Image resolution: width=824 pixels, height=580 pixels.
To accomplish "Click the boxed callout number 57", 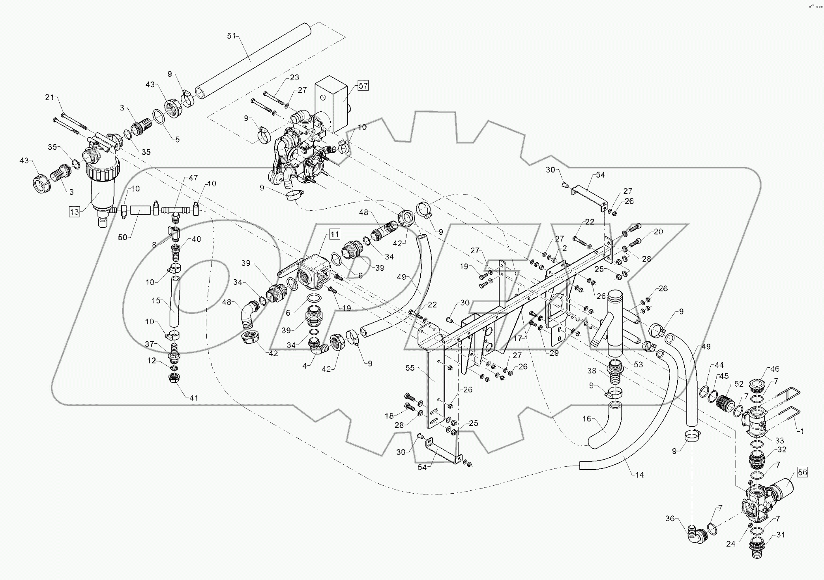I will pos(363,85).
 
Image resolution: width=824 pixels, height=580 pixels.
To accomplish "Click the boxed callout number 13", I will pos(75,212).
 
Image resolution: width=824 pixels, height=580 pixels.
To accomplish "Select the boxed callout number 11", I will pos(334,234).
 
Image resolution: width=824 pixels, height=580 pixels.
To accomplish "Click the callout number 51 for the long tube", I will pos(231,36).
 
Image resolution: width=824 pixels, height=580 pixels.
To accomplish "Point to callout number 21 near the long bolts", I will pos(49,97).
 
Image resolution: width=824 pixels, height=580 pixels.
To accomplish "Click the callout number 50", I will pos(123,238).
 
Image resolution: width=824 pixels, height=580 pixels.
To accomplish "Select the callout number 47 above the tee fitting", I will pos(193,178).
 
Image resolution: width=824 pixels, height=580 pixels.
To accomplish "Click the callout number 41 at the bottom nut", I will pos(193,398).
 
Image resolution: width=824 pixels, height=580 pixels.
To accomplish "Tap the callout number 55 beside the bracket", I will pos(410,368).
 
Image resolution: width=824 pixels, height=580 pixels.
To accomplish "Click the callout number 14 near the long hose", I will pos(639,475).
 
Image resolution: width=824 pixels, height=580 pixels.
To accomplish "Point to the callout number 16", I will pos(587,419).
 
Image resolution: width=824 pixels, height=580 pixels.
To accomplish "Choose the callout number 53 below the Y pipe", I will pos(638,364).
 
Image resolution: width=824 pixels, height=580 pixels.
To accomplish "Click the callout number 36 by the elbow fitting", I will pos(670,519).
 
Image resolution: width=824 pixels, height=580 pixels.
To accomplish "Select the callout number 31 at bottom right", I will pos(781,535).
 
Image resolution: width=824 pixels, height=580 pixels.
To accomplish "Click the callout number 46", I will pos(775,369).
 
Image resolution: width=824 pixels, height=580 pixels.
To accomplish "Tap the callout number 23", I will pos(294,77).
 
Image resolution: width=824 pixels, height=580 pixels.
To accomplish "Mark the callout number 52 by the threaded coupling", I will pos(739,384).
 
